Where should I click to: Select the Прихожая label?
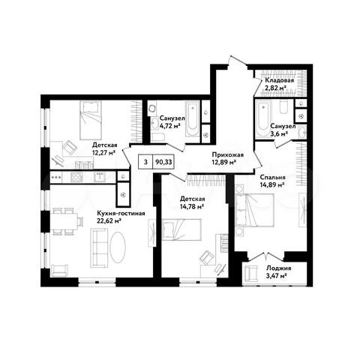225,153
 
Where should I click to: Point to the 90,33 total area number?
163,160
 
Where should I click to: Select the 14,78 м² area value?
191,207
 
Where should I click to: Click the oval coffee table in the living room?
120,246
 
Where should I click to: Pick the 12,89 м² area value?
225,161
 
